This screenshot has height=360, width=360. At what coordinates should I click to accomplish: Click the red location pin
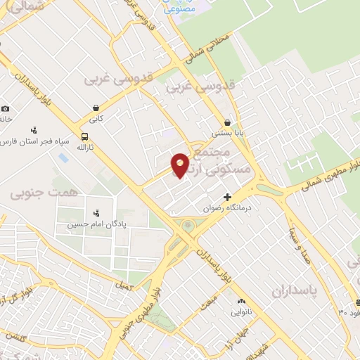181,165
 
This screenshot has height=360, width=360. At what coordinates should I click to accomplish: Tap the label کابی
96,119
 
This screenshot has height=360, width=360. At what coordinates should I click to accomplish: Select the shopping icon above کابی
96,108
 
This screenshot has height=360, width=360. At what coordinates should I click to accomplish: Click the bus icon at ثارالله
85,136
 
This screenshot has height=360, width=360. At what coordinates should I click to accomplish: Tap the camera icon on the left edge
6,108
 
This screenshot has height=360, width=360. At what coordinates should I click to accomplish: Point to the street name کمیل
126,286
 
